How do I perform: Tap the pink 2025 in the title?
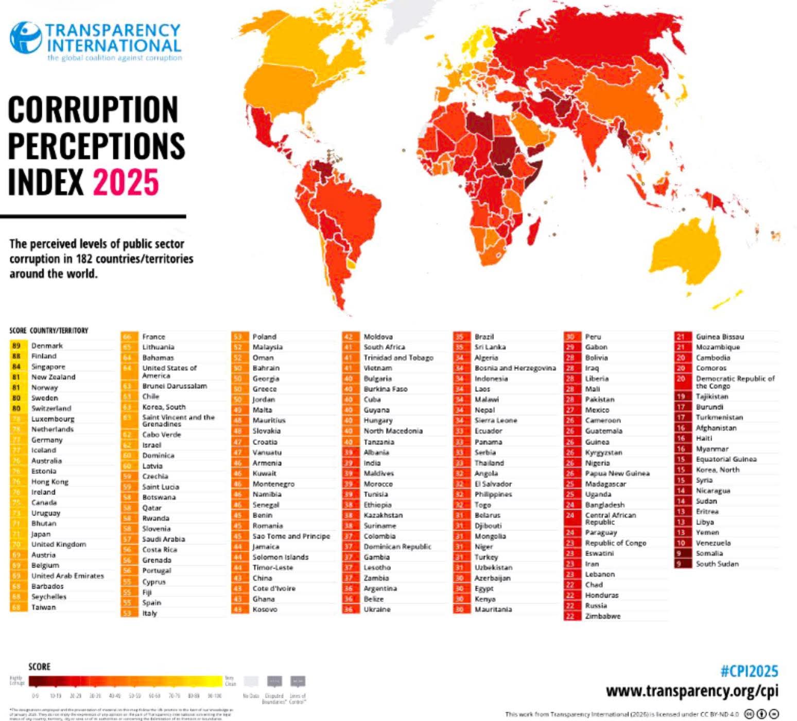coord(126,182)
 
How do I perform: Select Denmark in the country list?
coord(47,346)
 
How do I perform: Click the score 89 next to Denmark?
coord(16,346)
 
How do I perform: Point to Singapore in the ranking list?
coord(48,367)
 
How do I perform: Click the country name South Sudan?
coord(717,564)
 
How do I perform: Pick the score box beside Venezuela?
coord(681,543)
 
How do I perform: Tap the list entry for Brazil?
coord(484,337)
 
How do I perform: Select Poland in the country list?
coord(264,337)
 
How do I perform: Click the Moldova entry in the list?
coord(378,337)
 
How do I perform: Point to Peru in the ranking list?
coord(593,337)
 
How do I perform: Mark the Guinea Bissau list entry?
coord(720,337)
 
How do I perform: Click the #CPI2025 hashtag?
coord(749,671)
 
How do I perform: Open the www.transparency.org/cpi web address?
coord(692,691)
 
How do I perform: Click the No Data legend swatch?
coord(251,682)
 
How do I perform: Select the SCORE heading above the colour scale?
coord(39,667)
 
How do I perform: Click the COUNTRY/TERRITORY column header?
coord(59,331)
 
